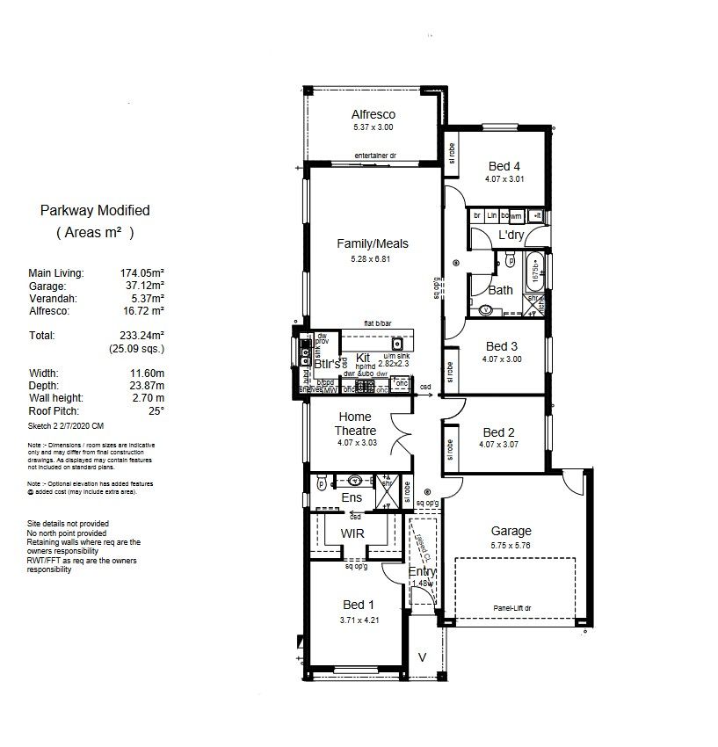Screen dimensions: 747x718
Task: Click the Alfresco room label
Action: [374, 114]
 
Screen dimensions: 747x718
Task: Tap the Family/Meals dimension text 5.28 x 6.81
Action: [374, 259]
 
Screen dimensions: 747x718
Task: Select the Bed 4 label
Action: [504, 166]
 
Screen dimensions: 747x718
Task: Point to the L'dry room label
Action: [511, 236]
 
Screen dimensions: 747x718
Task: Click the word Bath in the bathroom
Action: [500, 290]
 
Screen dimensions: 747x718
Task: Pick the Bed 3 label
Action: [502, 346]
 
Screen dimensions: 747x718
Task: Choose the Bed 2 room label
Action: [498, 432]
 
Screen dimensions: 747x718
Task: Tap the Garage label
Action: [511, 531]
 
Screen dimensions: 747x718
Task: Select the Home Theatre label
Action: [356, 424]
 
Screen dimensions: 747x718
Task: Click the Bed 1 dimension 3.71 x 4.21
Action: [358, 620]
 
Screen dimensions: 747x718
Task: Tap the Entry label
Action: [422, 572]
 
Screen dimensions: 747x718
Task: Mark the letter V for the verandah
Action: [422, 656]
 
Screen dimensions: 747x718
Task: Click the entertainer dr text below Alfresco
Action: [375, 156]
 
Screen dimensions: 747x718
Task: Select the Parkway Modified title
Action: [95, 211]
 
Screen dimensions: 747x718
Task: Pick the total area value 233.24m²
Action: [142, 336]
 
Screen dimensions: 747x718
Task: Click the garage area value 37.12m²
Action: [142, 286]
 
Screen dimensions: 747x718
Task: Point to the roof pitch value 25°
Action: [156, 411]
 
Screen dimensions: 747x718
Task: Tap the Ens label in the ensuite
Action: [352, 498]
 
